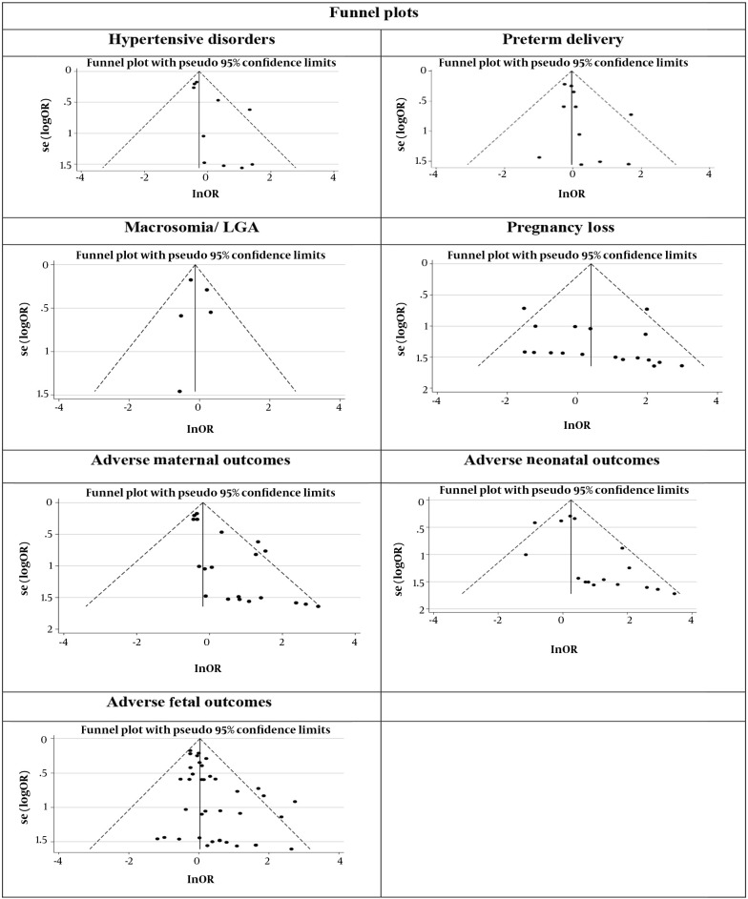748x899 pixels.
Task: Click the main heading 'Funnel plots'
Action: click(x=373, y=13)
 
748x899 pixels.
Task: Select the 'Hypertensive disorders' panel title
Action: click(x=191, y=41)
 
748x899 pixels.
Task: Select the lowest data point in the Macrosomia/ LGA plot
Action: click(x=179, y=391)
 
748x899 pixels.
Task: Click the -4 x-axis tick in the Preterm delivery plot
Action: click(x=433, y=175)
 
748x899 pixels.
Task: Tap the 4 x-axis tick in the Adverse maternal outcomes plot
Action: click(x=354, y=641)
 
